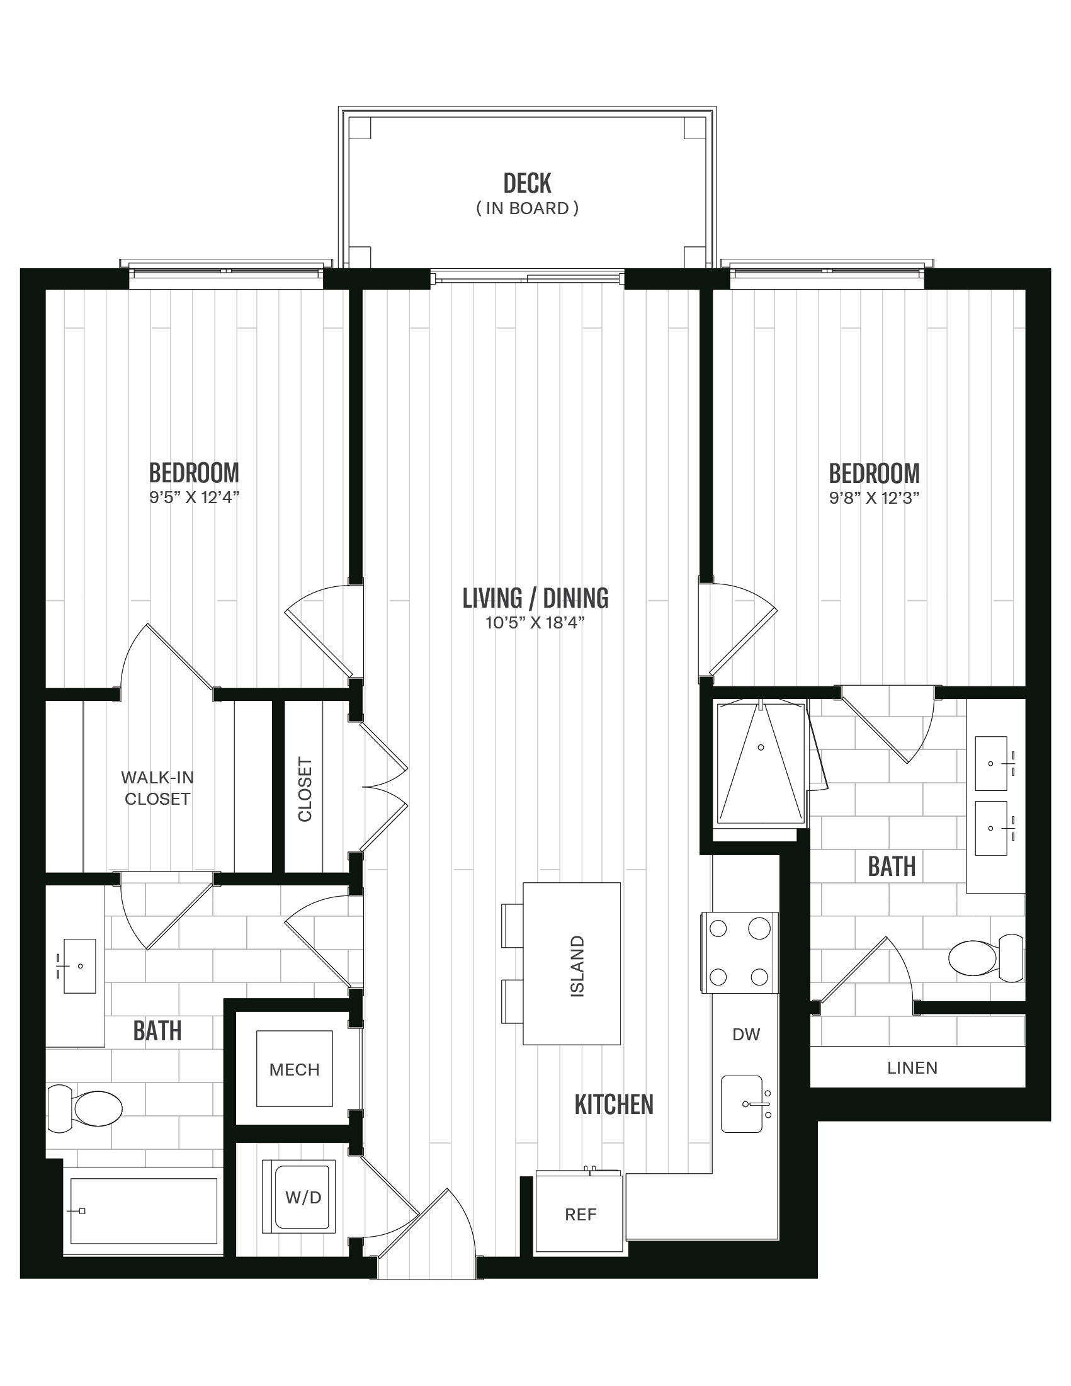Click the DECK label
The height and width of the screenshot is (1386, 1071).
point(526,183)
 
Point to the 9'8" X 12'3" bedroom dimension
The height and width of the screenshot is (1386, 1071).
point(874,497)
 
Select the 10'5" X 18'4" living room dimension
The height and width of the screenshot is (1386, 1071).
point(534,623)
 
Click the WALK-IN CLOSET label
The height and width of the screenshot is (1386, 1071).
point(157,788)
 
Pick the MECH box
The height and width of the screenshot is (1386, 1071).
point(295,1069)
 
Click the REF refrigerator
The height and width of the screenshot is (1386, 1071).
point(581,1214)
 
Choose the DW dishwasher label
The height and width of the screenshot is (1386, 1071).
point(745,1035)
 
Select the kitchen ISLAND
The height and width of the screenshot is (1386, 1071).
point(572,963)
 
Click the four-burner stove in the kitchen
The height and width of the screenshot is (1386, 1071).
point(739,952)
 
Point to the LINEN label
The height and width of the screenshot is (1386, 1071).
point(912,1068)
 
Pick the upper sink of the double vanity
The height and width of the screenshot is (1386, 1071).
point(990,763)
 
